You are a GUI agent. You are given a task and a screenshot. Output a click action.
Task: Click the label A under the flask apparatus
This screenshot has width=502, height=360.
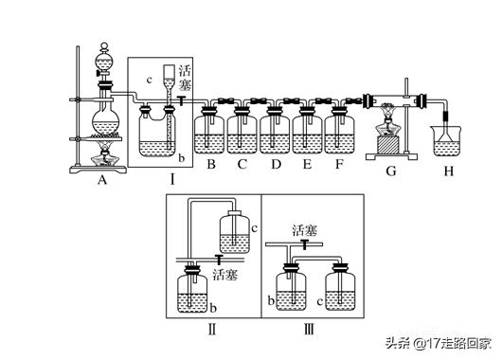click(101, 180)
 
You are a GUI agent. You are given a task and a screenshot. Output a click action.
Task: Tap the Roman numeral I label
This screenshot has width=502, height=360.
click(172, 180)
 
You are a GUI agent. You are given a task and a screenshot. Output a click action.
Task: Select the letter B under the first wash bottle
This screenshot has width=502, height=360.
click(211, 164)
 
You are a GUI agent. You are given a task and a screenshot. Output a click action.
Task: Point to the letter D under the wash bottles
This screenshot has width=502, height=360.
click(276, 164)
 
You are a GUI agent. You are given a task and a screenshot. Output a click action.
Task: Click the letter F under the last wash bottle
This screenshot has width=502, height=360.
click(339, 164)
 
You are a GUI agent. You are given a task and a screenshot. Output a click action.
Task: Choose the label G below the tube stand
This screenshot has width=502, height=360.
click(391, 171)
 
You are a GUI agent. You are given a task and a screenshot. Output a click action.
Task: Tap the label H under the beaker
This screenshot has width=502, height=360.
click(449, 171)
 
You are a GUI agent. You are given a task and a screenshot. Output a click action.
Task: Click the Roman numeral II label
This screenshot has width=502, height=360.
click(212, 330)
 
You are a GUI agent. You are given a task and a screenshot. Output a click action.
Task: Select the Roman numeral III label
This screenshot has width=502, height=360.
click(309, 330)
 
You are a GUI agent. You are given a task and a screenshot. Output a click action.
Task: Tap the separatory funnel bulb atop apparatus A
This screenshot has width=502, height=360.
click(104, 63)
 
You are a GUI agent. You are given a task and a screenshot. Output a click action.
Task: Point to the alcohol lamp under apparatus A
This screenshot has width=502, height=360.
click(105, 156)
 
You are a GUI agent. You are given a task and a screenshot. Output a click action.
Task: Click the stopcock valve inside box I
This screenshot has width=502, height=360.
click(182, 100)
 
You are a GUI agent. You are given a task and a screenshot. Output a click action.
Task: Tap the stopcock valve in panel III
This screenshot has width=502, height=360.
click(303, 244)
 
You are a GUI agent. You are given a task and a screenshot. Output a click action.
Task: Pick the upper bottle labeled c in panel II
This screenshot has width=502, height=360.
click(235, 231)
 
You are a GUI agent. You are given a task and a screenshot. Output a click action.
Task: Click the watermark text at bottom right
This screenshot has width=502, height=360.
click(438, 343)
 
